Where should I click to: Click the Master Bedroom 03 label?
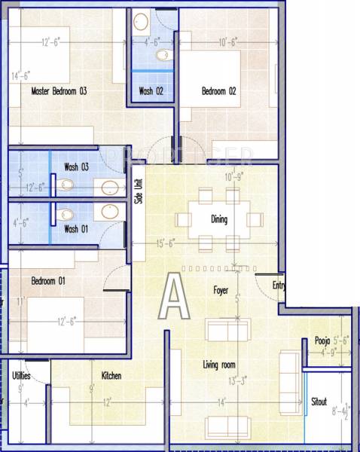[59, 92]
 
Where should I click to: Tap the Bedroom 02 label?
[219, 92]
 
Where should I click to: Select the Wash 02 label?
[151, 92]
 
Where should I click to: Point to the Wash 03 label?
[77, 166]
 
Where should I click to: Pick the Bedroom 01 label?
[48, 281]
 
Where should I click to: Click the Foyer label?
[220, 289]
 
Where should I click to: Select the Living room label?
[221, 365]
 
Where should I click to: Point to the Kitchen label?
[111, 375]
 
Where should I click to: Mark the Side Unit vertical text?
[138, 191]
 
